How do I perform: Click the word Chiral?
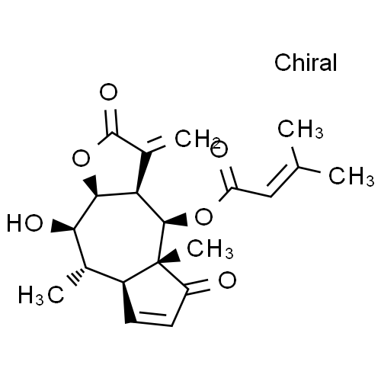pyautogui.click(x=306, y=62)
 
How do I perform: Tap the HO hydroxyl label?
pyautogui.click(x=24, y=223)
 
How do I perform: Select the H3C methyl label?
pyautogui.click(x=41, y=295)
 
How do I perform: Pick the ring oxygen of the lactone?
pyautogui.click(x=81, y=158)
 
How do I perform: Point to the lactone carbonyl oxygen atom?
pyautogui.click(x=108, y=91)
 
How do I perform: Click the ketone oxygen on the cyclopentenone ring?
pyautogui.click(x=227, y=280)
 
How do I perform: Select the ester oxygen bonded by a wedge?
pyautogui.click(x=203, y=216)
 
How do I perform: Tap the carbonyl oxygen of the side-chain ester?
pyautogui.click(x=219, y=151)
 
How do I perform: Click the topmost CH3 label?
pyautogui.click(x=300, y=129)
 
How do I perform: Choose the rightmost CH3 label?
pyautogui.click(x=351, y=176)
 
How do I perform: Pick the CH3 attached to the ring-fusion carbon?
pyautogui.click(x=210, y=249)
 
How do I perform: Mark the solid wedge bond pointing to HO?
pyautogui.click(x=62, y=226)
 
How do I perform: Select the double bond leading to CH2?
pyautogui.click(x=155, y=145)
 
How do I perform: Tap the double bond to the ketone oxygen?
pyautogui.click(x=198, y=287)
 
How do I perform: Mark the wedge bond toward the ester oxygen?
pyautogui.click(x=176, y=220)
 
